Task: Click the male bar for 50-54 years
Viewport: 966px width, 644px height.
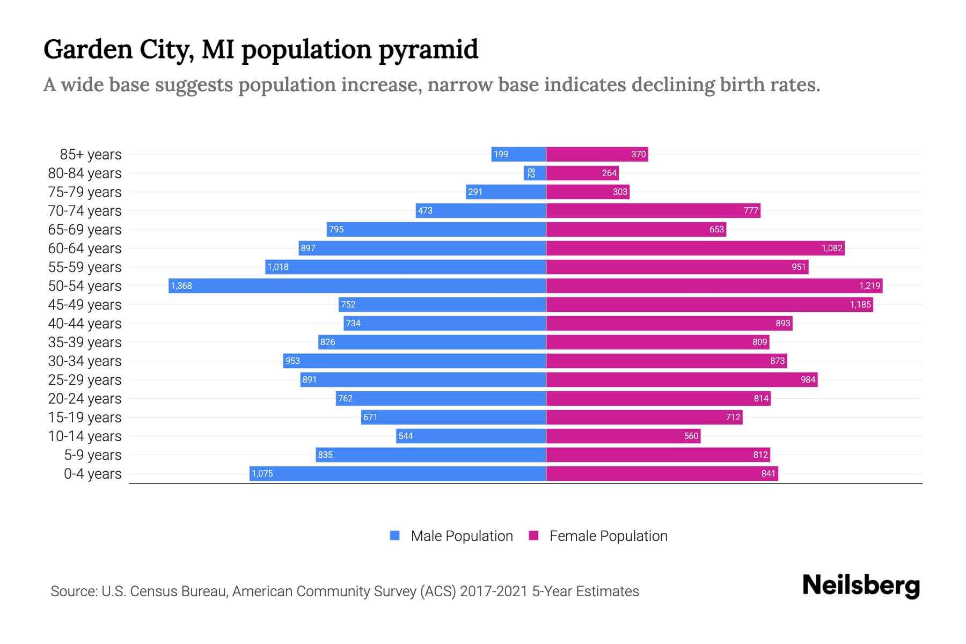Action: click(357, 286)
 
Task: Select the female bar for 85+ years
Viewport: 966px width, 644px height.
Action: click(597, 155)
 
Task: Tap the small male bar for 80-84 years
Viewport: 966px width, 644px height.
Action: click(535, 173)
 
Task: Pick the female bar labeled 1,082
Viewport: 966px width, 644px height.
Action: click(695, 248)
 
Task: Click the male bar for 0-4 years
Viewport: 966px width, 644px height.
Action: click(398, 473)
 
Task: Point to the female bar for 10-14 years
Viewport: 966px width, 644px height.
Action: click(623, 436)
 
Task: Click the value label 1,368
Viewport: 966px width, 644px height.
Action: click(181, 286)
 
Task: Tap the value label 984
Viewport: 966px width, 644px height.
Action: click(808, 380)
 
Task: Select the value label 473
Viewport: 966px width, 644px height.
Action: click(425, 211)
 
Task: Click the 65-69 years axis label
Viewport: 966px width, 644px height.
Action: click(85, 230)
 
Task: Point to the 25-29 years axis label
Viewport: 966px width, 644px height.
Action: click(85, 380)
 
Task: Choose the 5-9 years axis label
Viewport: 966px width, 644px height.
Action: click(93, 455)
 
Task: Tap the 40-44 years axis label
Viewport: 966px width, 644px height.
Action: click(85, 324)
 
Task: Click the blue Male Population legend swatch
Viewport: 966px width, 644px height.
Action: click(395, 536)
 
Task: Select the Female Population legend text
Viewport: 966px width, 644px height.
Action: click(608, 536)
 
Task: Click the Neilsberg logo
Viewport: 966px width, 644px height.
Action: click(861, 586)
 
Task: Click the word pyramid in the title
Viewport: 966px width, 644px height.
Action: click(428, 50)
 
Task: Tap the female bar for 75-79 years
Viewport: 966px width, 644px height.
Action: click(588, 192)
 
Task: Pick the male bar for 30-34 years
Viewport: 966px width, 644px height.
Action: click(414, 361)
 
